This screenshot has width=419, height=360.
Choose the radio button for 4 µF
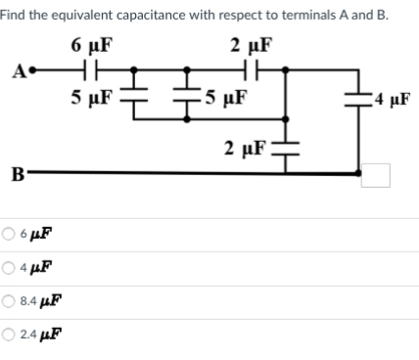(9, 266)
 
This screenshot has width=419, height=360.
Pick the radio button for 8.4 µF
(9, 299)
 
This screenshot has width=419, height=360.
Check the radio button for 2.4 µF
(9, 334)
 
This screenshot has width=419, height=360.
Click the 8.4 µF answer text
(36, 299)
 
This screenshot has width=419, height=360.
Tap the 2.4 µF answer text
(36, 334)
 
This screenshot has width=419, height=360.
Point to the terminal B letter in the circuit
(18, 175)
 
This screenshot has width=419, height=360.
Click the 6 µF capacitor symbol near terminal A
(89, 71)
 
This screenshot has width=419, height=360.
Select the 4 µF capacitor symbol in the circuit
(365, 99)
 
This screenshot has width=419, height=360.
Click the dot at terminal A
(31, 71)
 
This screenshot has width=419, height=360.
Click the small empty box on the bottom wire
(376, 175)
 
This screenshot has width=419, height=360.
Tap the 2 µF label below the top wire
(243, 150)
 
